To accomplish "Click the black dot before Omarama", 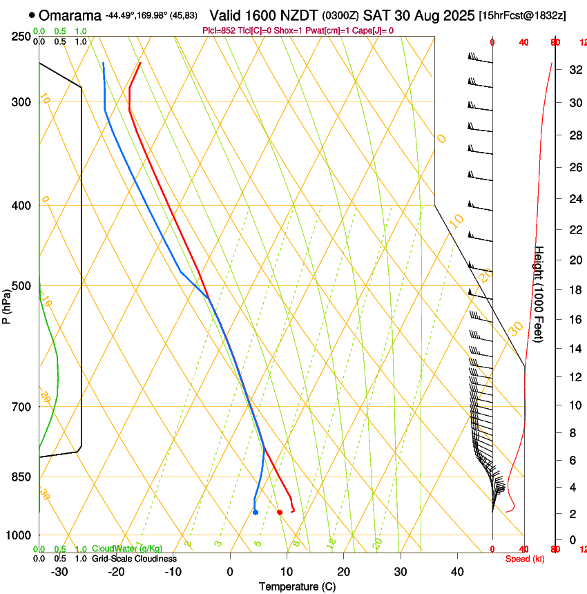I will pyautogui.click(x=32, y=15).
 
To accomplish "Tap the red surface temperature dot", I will pyautogui.click(x=279, y=512).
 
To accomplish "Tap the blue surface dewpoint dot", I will pyautogui.click(x=256, y=512).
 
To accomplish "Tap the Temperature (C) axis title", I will pyautogui.click(x=297, y=587).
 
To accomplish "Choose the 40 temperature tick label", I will pyautogui.click(x=457, y=572).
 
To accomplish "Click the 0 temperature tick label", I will pyautogui.click(x=230, y=572).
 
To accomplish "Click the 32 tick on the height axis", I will pyautogui.click(x=573, y=70).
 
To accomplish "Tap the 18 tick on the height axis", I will pyautogui.click(x=573, y=290).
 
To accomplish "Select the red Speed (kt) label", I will pyautogui.click(x=525, y=559).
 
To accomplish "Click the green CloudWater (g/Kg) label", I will pyautogui.click(x=126, y=548).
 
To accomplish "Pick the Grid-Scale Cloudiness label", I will pyautogui.click(x=133, y=558).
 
